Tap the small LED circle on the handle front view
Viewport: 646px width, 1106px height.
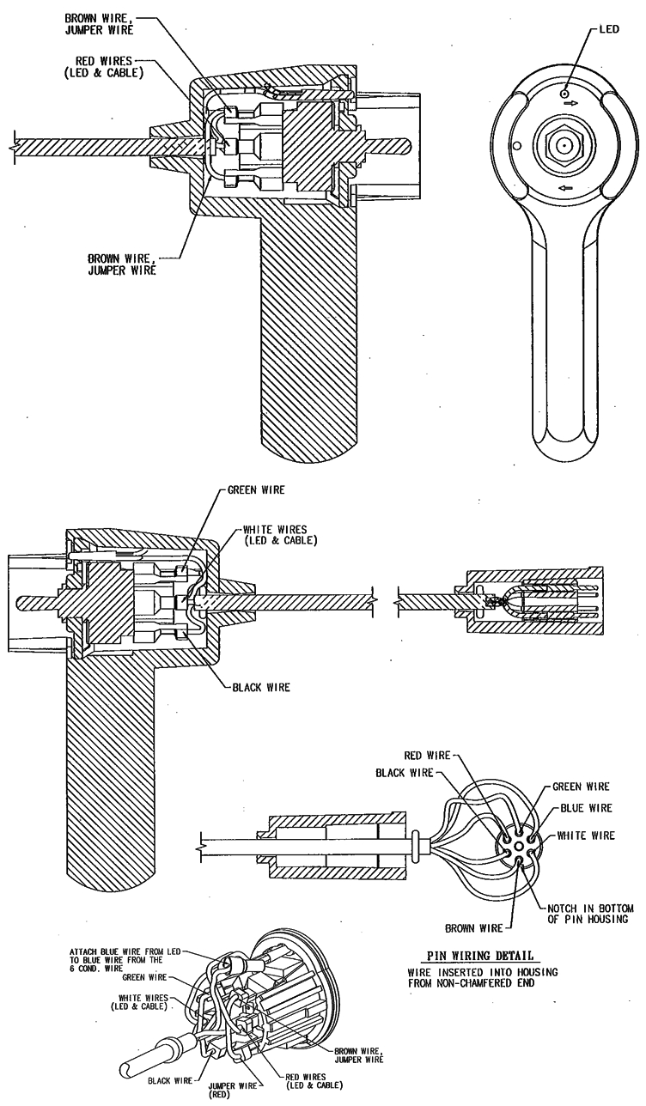pos(564,93)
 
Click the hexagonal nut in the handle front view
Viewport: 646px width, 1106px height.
pos(560,147)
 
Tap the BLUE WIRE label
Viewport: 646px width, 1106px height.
pos(586,808)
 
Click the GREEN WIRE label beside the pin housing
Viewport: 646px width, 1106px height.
pos(581,786)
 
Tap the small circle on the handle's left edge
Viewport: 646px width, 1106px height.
pos(515,145)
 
